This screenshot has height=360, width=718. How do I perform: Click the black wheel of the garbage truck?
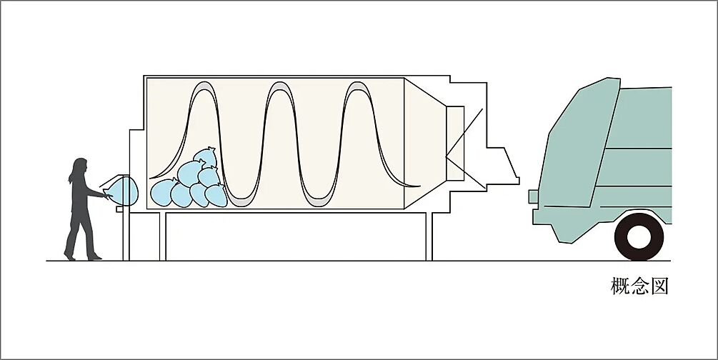tap(639, 236)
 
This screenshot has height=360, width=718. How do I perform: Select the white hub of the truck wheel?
tap(639, 237)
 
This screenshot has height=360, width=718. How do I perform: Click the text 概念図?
tap(639, 286)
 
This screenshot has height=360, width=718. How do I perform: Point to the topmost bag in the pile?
tap(206, 157)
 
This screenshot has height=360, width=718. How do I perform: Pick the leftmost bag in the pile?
tap(164, 192)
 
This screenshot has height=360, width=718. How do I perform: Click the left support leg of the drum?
tap(163, 236)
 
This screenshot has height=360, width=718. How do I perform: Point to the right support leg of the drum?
tap(429, 236)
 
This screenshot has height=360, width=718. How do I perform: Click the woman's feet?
tap(82, 256)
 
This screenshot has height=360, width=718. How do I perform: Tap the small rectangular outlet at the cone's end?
tap(455, 144)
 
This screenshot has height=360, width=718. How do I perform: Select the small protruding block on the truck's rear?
tap(533, 196)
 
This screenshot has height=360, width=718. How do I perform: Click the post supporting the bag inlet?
tap(126, 234)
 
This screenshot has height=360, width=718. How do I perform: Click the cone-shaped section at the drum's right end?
tap(425, 144)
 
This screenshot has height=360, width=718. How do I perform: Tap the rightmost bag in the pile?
tap(216, 196)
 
